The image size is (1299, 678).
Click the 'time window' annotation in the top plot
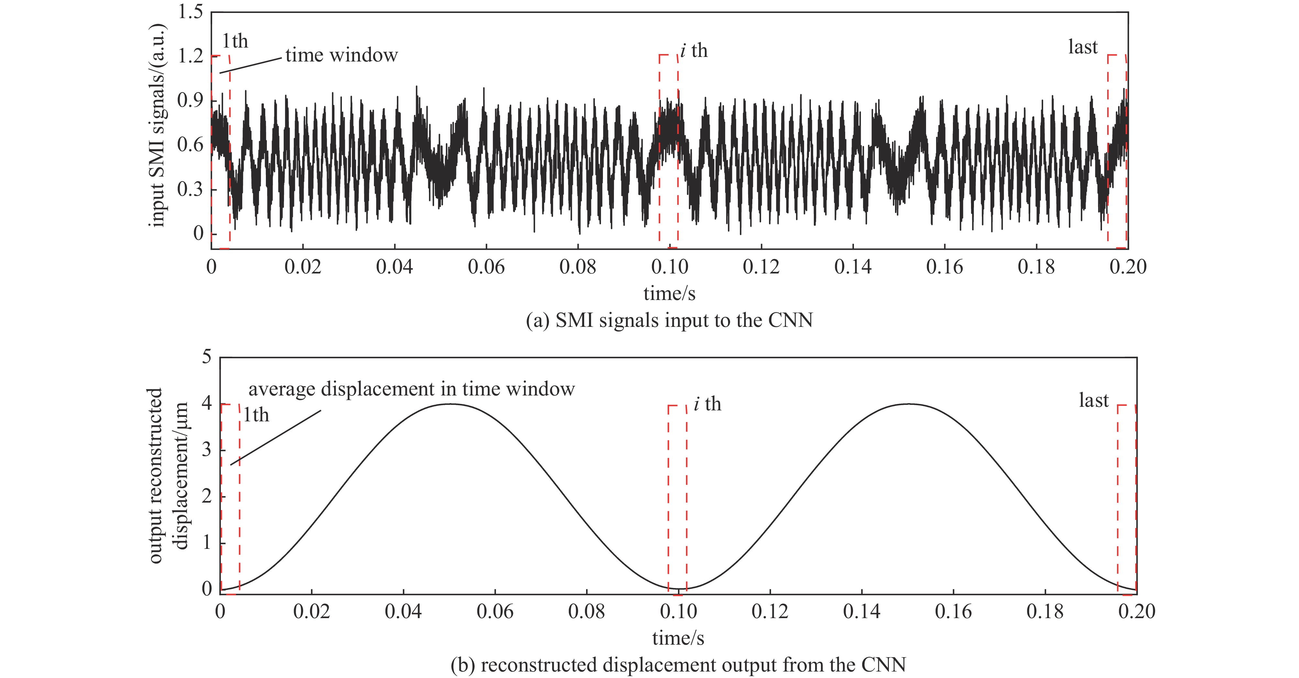coord(341,55)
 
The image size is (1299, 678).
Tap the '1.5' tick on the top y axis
coord(190,12)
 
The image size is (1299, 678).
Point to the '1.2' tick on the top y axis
coord(190,56)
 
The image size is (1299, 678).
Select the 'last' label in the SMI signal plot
coord(1083,47)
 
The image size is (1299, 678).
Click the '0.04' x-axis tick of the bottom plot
coord(403,611)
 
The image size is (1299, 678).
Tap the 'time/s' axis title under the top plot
coord(669,294)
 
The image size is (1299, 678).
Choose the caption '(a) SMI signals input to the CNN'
coord(669,320)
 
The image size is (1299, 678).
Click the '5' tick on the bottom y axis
coord(207,357)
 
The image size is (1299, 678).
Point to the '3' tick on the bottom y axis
coord(207,450)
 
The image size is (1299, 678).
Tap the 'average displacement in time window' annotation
coord(411,389)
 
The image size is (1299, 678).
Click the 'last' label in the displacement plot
coord(1094,401)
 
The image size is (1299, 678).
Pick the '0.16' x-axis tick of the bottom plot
coord(953,611)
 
